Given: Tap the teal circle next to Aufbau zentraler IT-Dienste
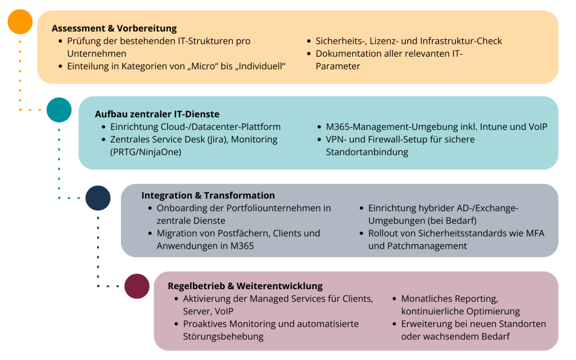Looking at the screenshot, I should pos(59,110).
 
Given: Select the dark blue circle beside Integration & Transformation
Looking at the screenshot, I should pos(98,197).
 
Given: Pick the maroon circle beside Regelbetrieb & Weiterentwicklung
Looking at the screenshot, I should pos(137,286).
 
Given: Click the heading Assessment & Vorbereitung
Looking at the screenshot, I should pos(114,28).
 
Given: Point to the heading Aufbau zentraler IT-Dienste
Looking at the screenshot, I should pos(157,114).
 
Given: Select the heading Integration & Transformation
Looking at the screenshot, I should pos(208,195).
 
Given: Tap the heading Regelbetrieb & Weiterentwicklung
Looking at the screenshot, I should pos(245,286).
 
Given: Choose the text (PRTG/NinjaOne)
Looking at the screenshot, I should pos(146,152).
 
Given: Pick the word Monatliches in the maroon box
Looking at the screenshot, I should pos(429,299).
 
